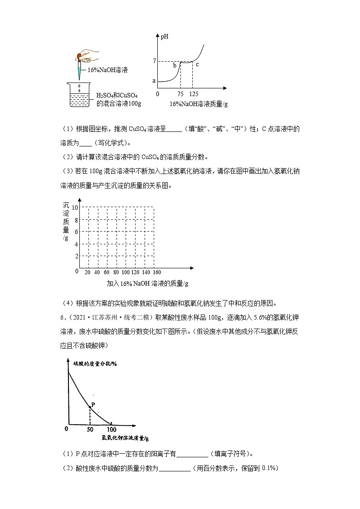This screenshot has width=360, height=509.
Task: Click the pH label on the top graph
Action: point(165,37)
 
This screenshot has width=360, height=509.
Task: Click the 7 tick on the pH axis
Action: point(154,61)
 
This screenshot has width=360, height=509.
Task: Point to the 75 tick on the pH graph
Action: point(180,94)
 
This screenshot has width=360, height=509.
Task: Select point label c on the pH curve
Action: point(197,64)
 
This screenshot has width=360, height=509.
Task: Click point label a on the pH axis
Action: point(154,81)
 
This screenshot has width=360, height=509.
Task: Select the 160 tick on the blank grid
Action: point(157,272)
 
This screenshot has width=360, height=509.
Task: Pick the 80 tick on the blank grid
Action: point(116,272)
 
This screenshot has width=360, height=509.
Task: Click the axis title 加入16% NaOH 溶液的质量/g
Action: point(147,283)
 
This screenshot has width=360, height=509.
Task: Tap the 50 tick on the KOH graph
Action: point(90,429)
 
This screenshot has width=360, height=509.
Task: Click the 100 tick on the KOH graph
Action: point(111,429)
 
